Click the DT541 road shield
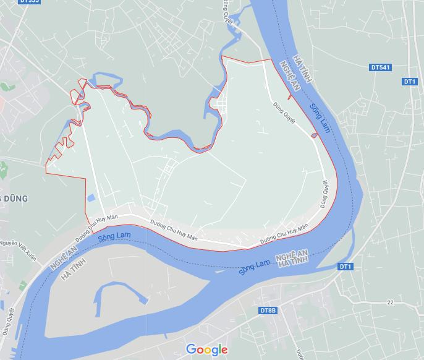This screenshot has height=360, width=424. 381,67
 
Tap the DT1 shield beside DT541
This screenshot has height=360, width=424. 409,82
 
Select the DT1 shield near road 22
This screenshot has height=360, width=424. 345,267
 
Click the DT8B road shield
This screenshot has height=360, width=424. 268,311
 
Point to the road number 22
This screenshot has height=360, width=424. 390,302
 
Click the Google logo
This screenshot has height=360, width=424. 206,349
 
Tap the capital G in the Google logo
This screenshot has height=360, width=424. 191,349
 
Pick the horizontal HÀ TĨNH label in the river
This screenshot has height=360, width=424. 290,264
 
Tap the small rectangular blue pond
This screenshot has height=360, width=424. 91,199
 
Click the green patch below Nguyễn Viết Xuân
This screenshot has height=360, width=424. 23,285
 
